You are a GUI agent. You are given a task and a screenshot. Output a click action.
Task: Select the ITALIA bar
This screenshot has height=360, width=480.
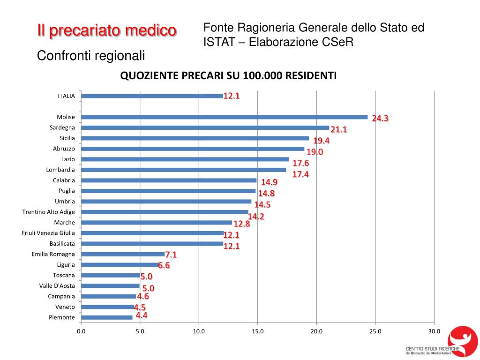tap(152, 96)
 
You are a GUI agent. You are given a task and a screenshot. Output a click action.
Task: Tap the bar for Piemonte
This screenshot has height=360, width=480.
tap(107, 317)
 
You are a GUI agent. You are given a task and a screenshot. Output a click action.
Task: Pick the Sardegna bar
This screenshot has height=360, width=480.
tap(205, 127)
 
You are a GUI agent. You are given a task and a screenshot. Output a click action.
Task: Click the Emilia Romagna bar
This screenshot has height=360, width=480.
tap(123, 254)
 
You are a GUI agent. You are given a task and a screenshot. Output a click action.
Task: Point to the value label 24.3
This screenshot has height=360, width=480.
tap(380, 119)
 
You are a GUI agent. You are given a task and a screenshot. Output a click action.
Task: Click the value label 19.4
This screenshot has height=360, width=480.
tap(322, 141)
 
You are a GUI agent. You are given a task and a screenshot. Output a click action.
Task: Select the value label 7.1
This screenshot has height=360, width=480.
tap(171, 255)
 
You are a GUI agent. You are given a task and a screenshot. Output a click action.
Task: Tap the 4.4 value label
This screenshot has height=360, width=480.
tap(142, 315)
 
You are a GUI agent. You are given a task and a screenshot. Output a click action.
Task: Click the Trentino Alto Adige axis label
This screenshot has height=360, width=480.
tap(49, 212)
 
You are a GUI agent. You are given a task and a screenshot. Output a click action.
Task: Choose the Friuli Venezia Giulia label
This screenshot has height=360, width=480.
tap(48, 233)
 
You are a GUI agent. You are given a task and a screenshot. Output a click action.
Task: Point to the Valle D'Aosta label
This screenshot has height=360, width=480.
tap(57, 285)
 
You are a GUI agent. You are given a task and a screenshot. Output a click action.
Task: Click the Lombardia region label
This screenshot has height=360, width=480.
tap(60, 170)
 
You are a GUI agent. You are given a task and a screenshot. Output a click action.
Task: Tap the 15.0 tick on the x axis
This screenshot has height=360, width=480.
tap(258, 332)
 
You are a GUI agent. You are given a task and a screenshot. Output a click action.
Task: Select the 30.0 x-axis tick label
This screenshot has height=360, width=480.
tap(434, 332)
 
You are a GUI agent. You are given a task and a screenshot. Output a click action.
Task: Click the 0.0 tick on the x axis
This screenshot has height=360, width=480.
tap(81, 332)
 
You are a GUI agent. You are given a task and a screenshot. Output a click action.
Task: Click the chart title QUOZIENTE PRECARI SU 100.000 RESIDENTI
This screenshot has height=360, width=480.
tap(229, 75)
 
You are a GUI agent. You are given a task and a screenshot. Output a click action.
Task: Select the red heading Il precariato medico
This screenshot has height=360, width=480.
tap(107, 31)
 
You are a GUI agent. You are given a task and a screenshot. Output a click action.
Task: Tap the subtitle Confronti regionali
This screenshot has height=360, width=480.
tap(91, 55)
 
